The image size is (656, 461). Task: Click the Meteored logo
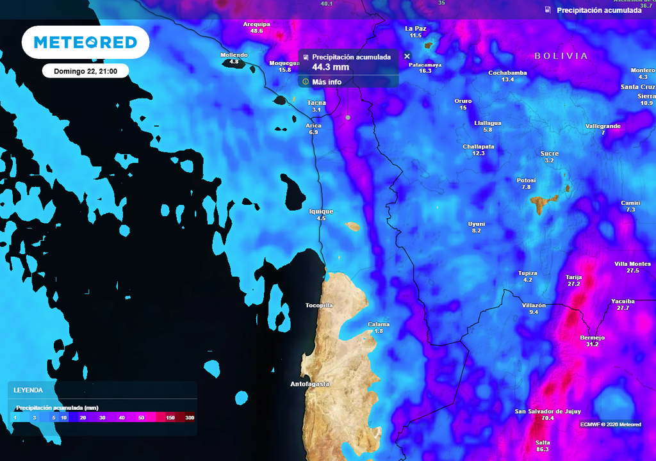click(x=85, y=42)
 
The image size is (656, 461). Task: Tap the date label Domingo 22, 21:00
click(x=85, y=70)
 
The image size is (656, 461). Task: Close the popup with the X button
click(x=407, y=56)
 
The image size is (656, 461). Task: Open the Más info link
click(x=326, y=82)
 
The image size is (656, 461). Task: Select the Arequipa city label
click(x=256, y=24)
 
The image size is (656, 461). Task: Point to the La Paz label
click(x=416, y=28)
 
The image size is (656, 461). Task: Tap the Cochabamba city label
click(x=507, y=73)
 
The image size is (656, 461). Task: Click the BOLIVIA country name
click(x=561, y=56)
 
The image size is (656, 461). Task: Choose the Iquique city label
click(x=321, y=211)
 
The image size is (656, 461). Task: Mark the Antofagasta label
click(x=309, y=384)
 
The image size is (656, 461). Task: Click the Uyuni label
click(x=477, y=223)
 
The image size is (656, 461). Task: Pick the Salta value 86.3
click(x=543, y=450)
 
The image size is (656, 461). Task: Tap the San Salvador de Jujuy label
click(x=547, y=411)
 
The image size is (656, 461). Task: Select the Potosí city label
click(x=526, y=180)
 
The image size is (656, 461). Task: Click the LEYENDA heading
click(x=29, y=390)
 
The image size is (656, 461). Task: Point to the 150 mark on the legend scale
click(x=170, y=417)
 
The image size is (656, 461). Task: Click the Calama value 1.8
click(x=379, y=331)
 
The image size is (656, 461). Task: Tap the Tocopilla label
click(x=319, y=305)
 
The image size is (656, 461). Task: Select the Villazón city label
click(x=534, y=305)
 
